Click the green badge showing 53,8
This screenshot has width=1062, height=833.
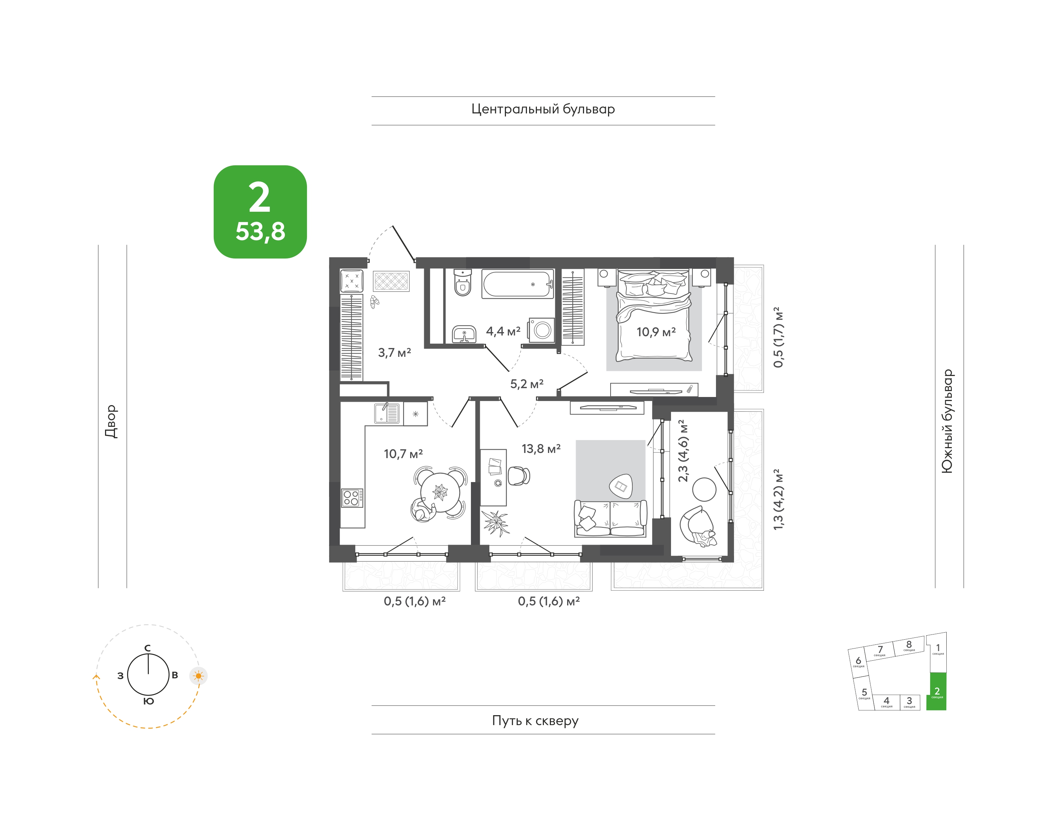click(x=260, y=212)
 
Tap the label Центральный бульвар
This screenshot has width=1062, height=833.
click(x=543, y=109)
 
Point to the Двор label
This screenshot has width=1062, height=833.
click(x=111, y=421)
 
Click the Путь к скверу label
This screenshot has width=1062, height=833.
click(x=535, y=721)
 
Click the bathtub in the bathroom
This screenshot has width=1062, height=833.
click(x=518, y=283)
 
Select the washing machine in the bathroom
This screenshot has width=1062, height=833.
click(x=541, y=330)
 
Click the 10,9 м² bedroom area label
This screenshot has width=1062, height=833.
click(x=656, y=332)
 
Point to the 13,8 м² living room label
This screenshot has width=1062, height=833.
click(x=541, y=449)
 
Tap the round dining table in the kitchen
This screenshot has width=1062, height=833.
click(x=440, y=493)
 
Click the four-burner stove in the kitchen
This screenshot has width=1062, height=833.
click(x=352, y=498)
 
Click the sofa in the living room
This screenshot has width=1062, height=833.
click(x=611, y=519)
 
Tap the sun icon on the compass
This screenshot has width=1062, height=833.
click(x=198, y=676)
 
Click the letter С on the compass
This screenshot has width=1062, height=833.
click(x=147, y=648)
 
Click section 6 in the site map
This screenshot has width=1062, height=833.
click(x=859, y=662)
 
